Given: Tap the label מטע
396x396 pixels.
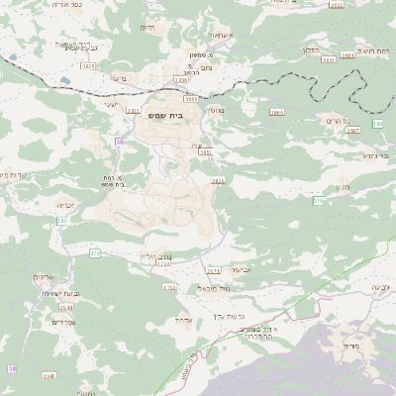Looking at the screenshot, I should [x=342, y=184].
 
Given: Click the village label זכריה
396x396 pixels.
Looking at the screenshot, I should [x=64, y=205].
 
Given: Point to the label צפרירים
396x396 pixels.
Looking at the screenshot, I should [x=61, y=322].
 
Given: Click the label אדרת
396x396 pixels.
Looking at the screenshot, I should [x=181, y=321].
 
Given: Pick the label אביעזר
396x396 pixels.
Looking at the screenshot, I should [x=241, y=269].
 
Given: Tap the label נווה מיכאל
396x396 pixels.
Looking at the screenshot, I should [x=213, y=287].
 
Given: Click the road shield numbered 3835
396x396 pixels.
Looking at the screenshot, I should [x=88, y=66].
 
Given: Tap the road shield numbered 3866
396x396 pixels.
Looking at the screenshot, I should [x=276, y=113].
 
